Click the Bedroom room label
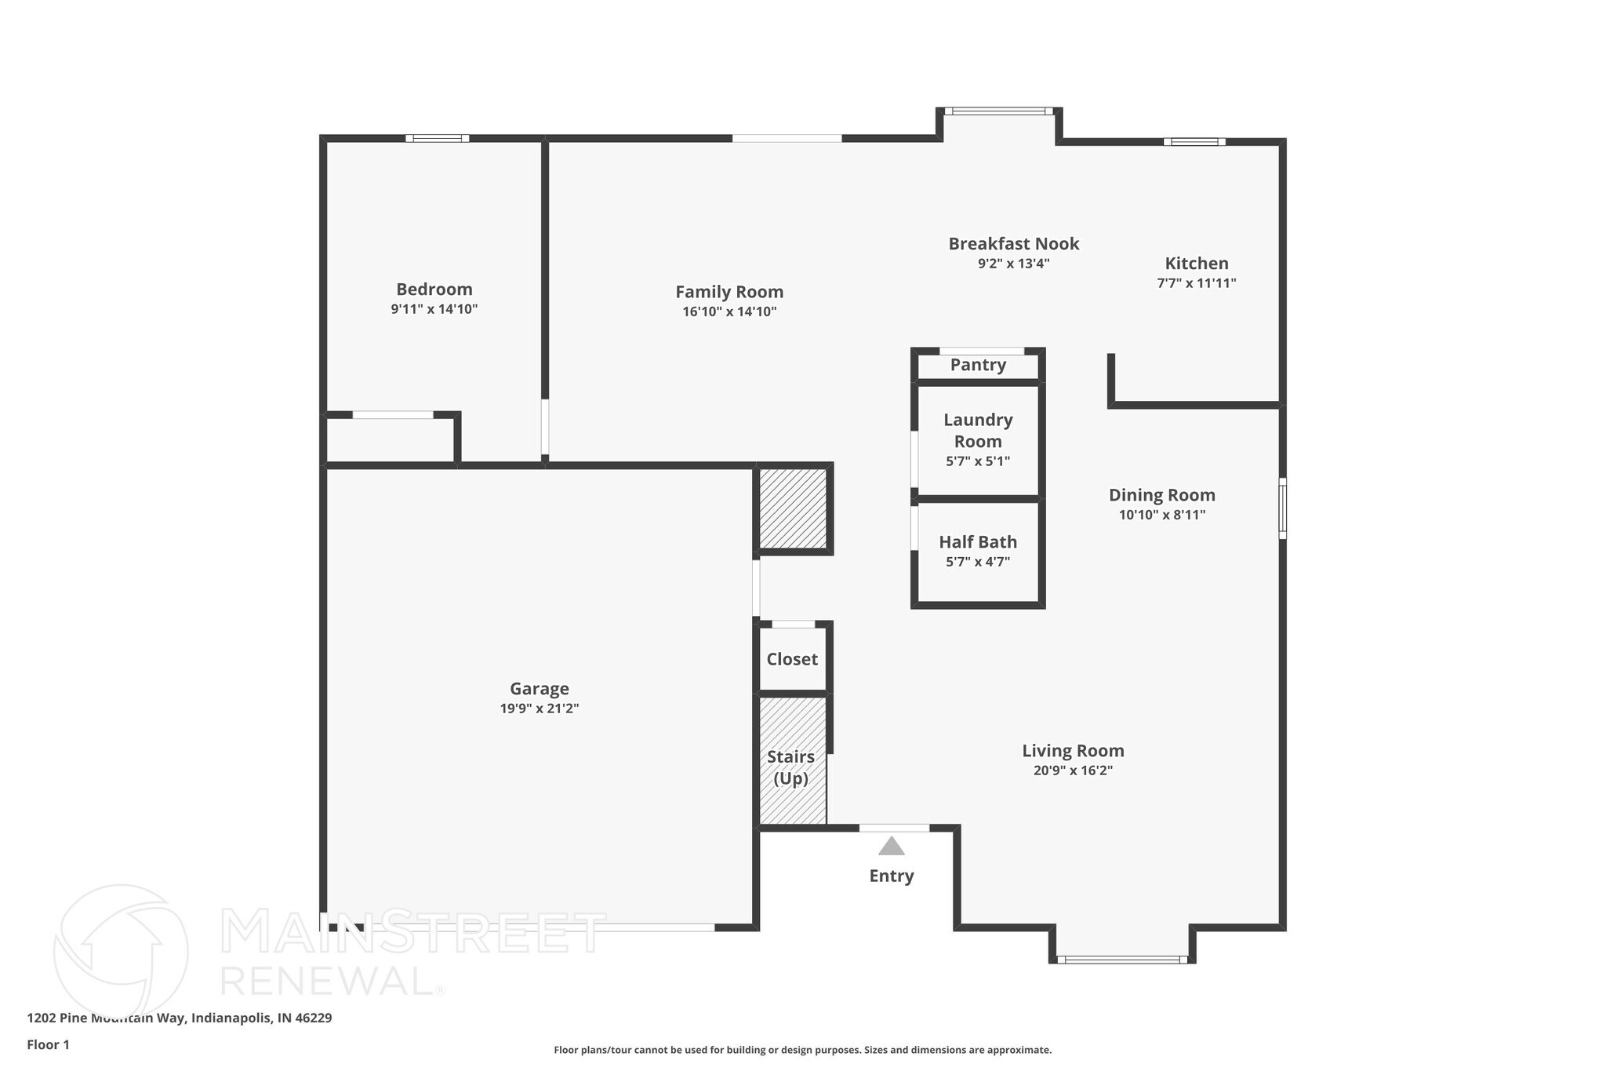(434, 290)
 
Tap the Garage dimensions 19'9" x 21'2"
(540, 709)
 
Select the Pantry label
(978, 365)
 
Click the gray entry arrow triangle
(891, 847)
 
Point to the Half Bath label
(978, 542)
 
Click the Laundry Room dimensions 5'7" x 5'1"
(978, 461)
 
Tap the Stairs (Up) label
(790, 767)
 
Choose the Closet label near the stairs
(792, 659)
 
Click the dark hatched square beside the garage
(793, 508)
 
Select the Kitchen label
(1196, 264)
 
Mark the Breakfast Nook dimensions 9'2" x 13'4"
(1013, 264)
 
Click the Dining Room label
(1161, 495)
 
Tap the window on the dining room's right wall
(1282, 508)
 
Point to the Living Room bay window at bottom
(1121, 959)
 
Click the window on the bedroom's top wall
(438, 139)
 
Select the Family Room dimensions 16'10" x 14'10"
(729, 311)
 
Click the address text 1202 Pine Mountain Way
(179, 1018)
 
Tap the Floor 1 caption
(48, 1044)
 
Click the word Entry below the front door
(891, 876)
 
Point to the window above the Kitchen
(1194, 142)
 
